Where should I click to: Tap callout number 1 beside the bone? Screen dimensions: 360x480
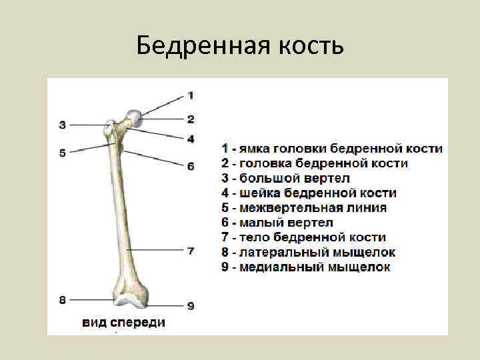190,95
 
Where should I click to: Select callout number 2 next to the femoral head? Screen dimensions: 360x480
190,119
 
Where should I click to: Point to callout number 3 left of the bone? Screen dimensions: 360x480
62,124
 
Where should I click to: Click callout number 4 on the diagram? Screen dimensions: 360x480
190,139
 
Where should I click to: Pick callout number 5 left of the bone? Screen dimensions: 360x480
62,153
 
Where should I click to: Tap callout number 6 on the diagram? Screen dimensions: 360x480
190,165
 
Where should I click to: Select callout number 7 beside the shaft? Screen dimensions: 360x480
190,251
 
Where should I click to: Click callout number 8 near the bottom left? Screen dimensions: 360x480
62,300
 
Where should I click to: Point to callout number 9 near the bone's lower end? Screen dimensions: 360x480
190,305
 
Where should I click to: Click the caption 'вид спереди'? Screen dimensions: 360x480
124,323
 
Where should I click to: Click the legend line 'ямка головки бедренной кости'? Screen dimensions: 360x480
332,149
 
